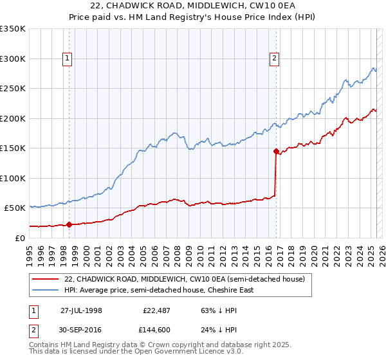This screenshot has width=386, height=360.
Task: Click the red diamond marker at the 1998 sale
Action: click(69, 224)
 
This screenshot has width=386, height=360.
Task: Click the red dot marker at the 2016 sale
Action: click(276, 152)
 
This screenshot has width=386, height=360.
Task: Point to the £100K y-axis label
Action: click(13, 178)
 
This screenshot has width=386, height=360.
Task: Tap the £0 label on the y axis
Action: click(19, 238)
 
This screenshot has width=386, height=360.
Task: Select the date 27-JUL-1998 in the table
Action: click(81, 310)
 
